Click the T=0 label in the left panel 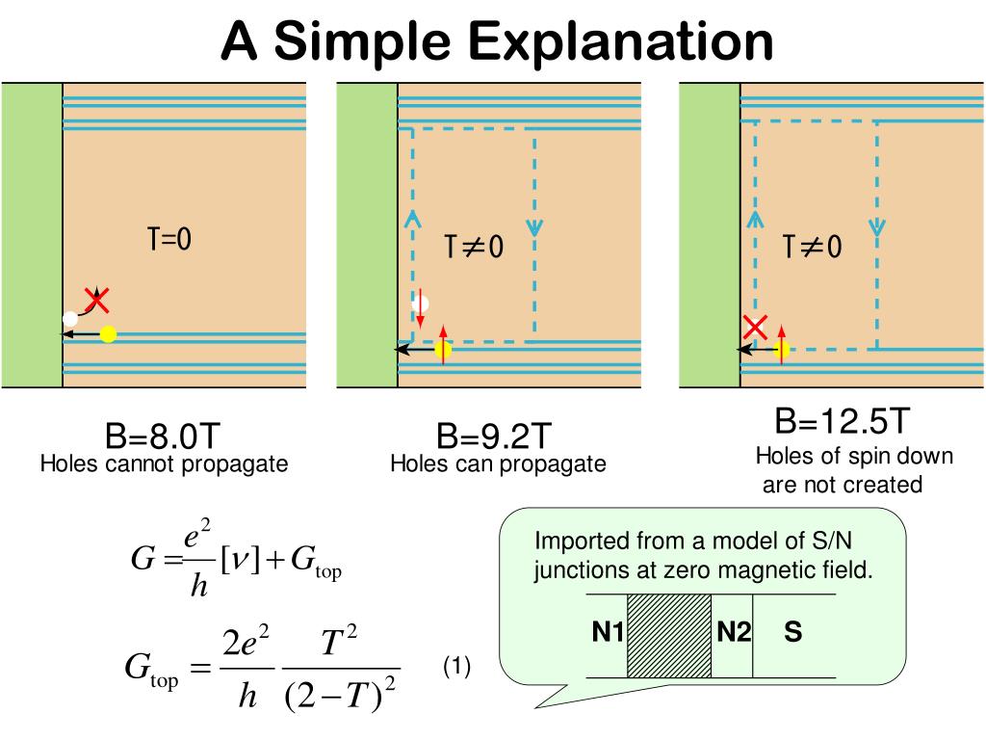(169, 240)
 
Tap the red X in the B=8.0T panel (96, 300)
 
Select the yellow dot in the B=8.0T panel (108, 334)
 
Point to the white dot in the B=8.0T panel (69, 318)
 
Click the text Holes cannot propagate (164, 464)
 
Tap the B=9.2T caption (494, 437)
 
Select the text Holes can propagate (498, 464)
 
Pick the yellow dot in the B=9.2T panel (443, 350)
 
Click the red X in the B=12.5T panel (755, 328)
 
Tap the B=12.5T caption (843, 421)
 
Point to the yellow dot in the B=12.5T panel (781, 350)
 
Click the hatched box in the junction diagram (668, 635)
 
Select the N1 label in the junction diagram (608, 634)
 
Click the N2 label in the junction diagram (733, 634)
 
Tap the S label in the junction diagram (793, 634)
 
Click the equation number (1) (456, 667)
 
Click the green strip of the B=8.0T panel (32, 235)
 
